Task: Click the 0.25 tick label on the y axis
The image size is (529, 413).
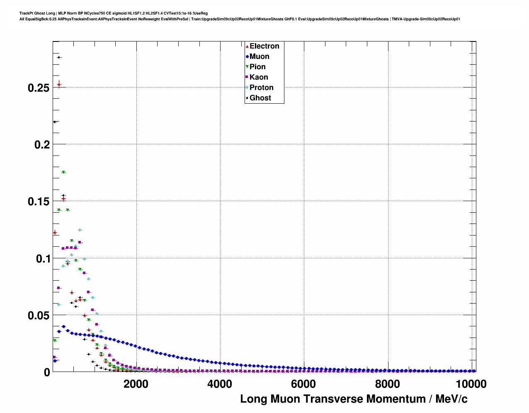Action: click(x=39, y=88)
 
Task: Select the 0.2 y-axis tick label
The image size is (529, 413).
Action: click(x=41, y=145)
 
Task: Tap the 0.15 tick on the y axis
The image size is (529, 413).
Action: click(x=39, y=202)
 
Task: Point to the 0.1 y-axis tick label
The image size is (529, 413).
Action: click(x=41, y=259)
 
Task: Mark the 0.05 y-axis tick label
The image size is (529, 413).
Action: click(x=39, y=316)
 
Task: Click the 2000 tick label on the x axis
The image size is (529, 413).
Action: click(x=136, y=384)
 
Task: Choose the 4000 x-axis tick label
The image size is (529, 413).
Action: click(x=220, y=384)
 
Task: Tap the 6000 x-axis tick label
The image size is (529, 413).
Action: click(x=303, y=384)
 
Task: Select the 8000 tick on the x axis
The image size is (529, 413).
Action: click(x=387, y=384)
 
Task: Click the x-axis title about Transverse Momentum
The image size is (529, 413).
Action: click(x=354, y=399)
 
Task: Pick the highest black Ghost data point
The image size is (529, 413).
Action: click(x=59, y=57)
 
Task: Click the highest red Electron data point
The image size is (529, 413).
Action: click(x=59, y=85)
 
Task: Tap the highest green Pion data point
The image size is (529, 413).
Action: click(x=63, y=172)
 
